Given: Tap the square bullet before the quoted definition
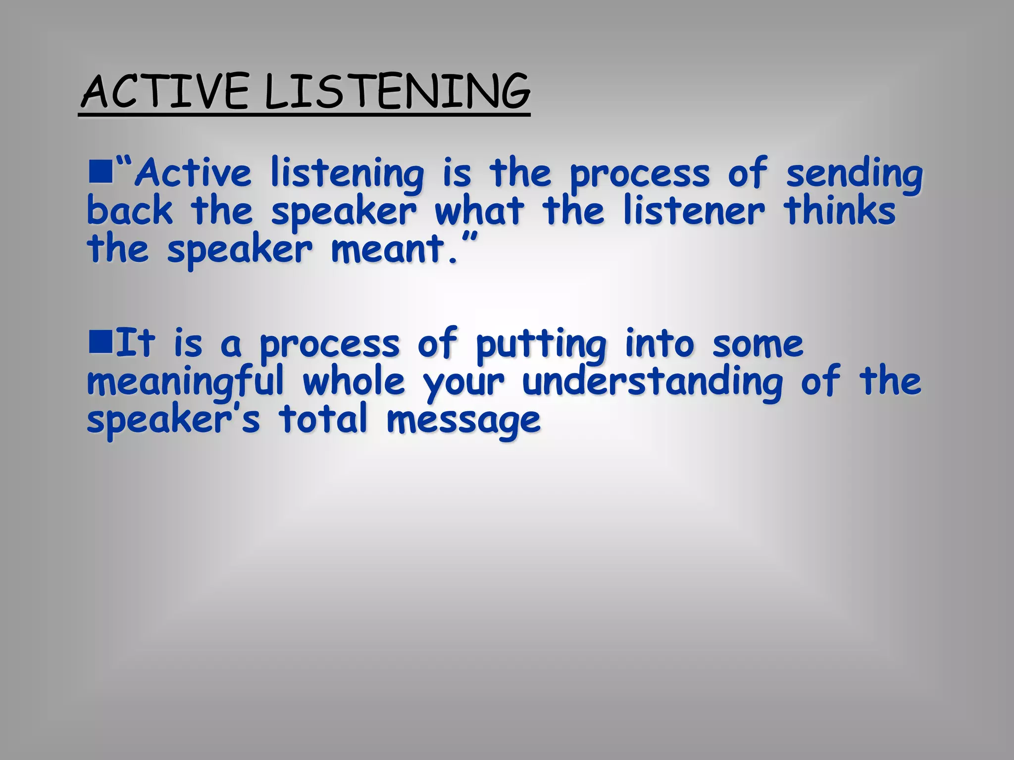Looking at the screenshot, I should tap(101, 175).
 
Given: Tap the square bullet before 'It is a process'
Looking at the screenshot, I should tap(101, 342).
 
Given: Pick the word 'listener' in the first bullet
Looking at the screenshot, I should tap(693, 211).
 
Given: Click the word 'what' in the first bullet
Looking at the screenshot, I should tap(478, 211).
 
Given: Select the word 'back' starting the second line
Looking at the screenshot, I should tap(130, 211).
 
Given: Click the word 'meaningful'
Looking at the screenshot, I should tap(186, 382).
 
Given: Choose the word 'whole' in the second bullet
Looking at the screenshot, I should tap(354, 381).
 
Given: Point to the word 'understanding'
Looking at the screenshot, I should tap(653, 382).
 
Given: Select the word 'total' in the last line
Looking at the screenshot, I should tap(323, 420).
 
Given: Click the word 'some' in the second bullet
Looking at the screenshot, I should tap(758, 344).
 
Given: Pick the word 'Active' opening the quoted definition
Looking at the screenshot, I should tap(194, 174).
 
